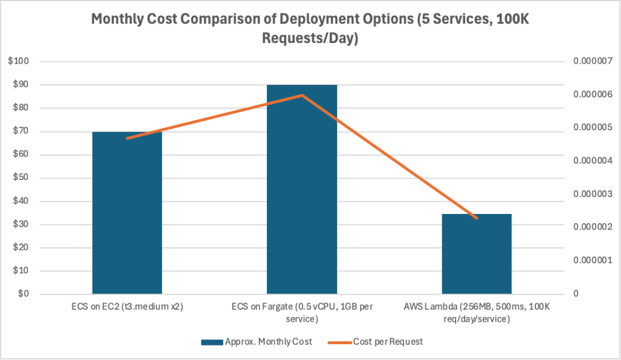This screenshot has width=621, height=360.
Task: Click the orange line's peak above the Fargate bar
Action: [x=302, y=95]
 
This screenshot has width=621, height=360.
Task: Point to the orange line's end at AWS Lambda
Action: [x=477, y=218]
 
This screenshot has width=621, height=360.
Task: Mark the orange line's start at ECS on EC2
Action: [x=127, y=139]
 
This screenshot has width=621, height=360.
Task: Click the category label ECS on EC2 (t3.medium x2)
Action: [x=127, y=307]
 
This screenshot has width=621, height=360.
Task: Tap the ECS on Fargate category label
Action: [x=302, y=313]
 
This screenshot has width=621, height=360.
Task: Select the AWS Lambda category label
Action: [x=477, y=313]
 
